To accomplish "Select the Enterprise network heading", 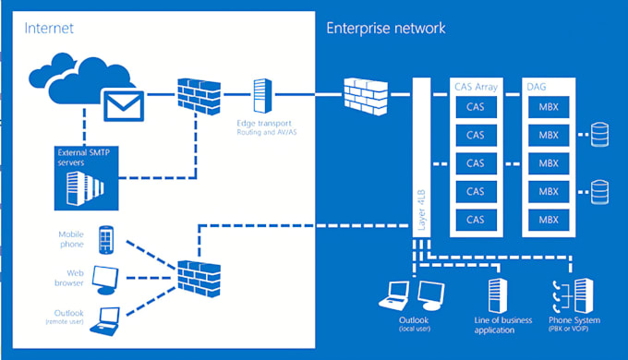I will (x=385, y=29).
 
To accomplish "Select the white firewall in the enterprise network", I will (x=362, y=94).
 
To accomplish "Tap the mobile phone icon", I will (x=107, y=240).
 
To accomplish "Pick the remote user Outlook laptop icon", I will (x=110, y=318).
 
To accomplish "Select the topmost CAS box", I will (x=475, y=106).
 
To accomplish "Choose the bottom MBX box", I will (x=548, y=220).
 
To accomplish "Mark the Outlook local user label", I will (x=412, y=324).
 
